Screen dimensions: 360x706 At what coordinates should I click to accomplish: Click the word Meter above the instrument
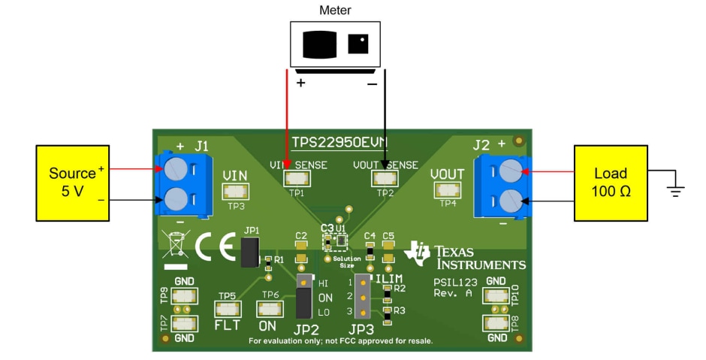click(335, 10)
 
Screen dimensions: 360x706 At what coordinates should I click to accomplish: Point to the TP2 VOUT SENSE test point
click(385, 178)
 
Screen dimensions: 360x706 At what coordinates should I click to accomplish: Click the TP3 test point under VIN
click(236, 190)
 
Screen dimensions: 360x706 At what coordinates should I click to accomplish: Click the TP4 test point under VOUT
click(448, 190)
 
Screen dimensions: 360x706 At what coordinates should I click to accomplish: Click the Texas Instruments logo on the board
click(466, 256)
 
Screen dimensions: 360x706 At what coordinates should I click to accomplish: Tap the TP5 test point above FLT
click(227, 309)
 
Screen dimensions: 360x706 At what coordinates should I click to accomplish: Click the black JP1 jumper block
click(249, 253)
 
